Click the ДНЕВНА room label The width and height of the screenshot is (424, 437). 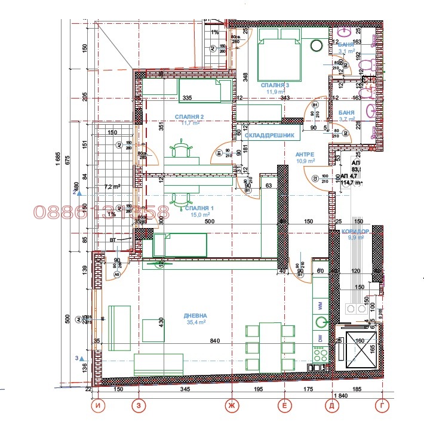[x=195, y=316]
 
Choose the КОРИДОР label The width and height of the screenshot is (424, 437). [x=357, y=231]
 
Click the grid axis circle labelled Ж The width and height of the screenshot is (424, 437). [x=231, y=406]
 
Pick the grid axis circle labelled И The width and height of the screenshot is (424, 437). [x=98, y=406]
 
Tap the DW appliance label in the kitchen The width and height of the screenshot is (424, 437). [x=321, y=338]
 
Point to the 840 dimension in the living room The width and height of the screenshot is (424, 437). [x=216, y=341]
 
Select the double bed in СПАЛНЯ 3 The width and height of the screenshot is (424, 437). [x=278, y=60]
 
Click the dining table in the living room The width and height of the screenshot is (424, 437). [x=271, y=346]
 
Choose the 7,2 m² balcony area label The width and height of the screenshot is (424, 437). [x=112, y=187]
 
